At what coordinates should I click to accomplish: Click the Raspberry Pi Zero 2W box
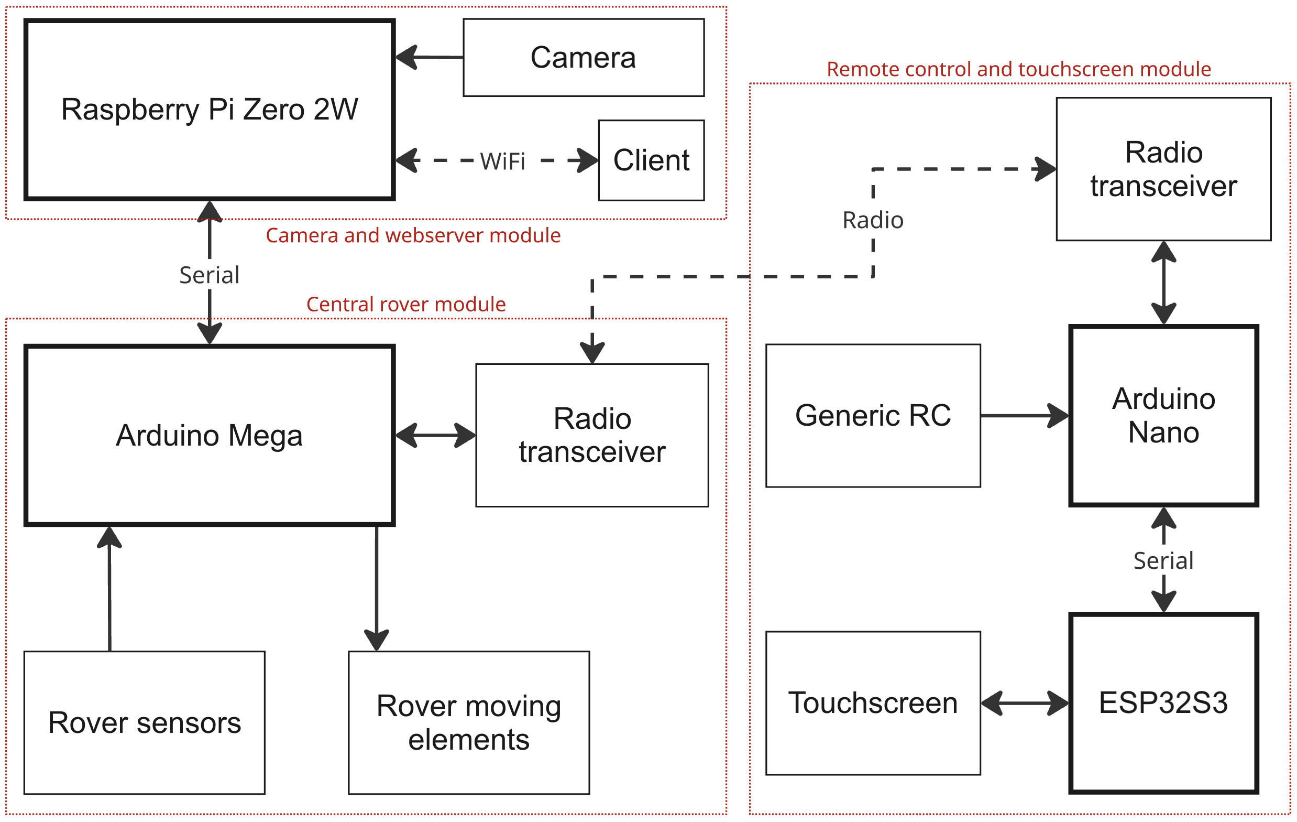coord(209,110)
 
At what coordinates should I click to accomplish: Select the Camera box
coord(584,58)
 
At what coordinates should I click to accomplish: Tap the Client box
coord(651,160)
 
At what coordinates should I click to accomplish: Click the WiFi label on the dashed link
coord(502,161)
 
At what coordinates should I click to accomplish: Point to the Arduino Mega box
coord(209,435)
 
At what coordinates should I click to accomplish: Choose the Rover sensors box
coord(145,722)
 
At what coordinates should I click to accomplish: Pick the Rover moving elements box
coord(469,722)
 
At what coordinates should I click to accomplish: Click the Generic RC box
coord(873,416)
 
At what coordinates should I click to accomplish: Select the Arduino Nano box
coord(1163,416)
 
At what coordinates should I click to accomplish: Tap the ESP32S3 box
coord(1163,703)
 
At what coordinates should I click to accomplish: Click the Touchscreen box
coord(873,703)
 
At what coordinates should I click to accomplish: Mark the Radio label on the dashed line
coord(873,221)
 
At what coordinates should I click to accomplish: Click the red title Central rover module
coord(406,305)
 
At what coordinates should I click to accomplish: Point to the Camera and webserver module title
coord(413,235)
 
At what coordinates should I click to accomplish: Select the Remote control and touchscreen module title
coord(1018,70)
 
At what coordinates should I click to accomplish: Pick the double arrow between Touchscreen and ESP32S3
coord(1025,703)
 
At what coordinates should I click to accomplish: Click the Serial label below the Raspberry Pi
coord(209,275)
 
